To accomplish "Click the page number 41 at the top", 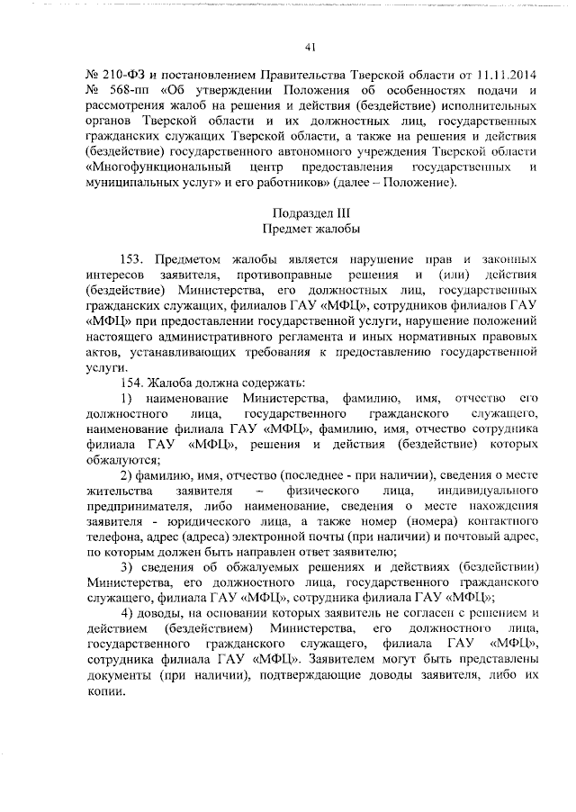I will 309,47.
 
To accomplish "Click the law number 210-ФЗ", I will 115,74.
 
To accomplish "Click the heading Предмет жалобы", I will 309,230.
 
